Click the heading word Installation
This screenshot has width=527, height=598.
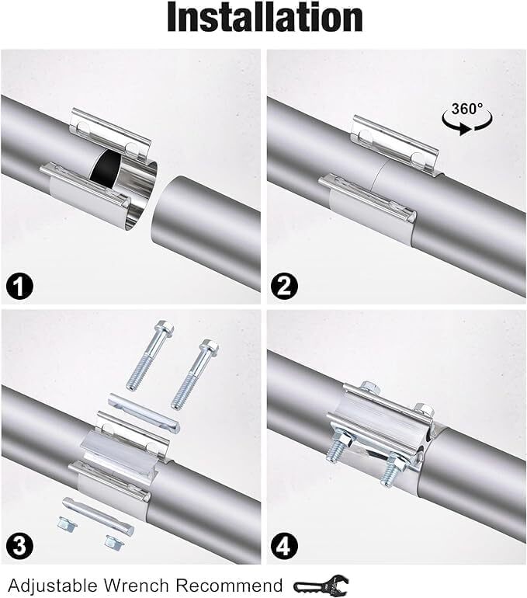265,19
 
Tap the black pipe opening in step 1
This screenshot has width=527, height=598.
104,164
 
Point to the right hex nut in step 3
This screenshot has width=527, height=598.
113,539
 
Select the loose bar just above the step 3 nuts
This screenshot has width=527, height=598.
98,513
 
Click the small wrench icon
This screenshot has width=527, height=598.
323,584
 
